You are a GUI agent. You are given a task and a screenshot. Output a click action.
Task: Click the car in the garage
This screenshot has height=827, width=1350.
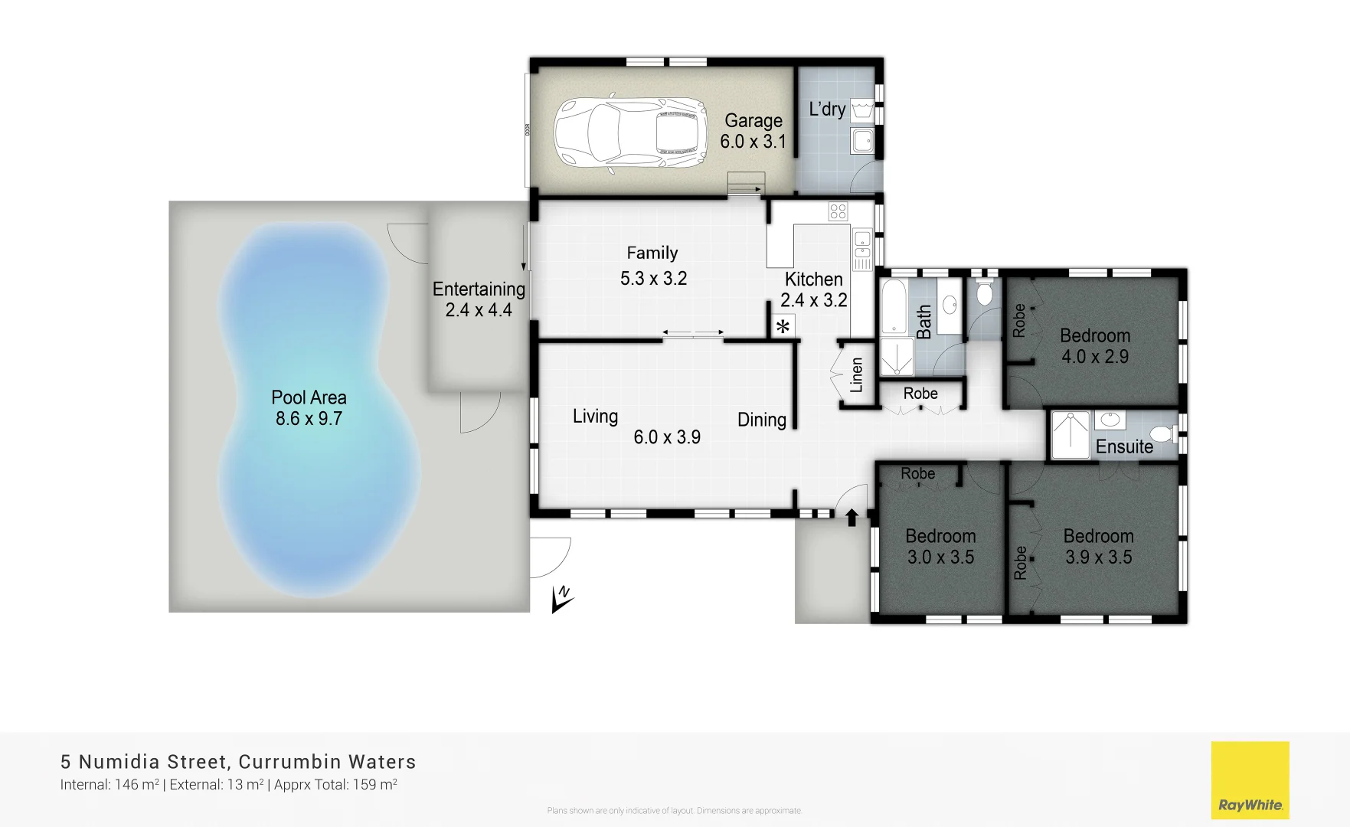[x=629, y=132]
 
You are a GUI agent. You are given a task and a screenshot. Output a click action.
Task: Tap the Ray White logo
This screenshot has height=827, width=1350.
[x=1250, y=780]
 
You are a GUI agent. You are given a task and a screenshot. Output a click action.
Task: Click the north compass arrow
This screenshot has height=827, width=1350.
[x=562, y=600]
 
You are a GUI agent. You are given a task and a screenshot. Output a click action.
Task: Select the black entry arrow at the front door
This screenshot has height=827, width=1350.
[x=852, y=518]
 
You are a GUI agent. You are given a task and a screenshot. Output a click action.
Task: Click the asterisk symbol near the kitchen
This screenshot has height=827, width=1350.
[x=783, y=327]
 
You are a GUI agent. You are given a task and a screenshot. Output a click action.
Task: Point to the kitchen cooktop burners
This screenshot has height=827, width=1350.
[x=838, y=211]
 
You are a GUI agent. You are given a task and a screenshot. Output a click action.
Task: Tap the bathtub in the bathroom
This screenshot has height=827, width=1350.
[x=893, y=306]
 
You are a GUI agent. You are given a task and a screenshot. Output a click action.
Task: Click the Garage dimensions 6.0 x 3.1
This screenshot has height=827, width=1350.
[x=753, y=142]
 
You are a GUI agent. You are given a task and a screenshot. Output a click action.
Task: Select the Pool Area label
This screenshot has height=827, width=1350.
[x=309, y=397]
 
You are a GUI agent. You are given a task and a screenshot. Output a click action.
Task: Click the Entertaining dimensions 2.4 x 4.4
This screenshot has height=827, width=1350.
[x=479, y=310]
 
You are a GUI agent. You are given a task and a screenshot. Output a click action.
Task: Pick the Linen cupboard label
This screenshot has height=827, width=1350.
[x=857, y=375]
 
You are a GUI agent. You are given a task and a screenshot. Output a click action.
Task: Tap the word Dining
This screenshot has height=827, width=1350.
[x=762, y=420]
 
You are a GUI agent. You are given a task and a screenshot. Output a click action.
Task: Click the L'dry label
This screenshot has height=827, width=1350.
[x=827, y=110]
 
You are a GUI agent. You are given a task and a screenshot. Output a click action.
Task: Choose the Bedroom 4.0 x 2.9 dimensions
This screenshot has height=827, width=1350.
[x=1095, y=357]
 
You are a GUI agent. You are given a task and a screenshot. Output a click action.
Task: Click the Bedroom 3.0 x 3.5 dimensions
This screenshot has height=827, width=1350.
[x=940, y=557]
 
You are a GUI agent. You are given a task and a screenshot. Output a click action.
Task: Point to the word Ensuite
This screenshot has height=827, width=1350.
[x=1124, y=447]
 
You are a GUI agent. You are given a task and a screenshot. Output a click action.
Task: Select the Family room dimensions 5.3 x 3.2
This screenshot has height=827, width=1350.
[x=653, y=279]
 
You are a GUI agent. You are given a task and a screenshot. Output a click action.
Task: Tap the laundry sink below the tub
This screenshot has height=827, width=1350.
[x=863, y=141]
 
